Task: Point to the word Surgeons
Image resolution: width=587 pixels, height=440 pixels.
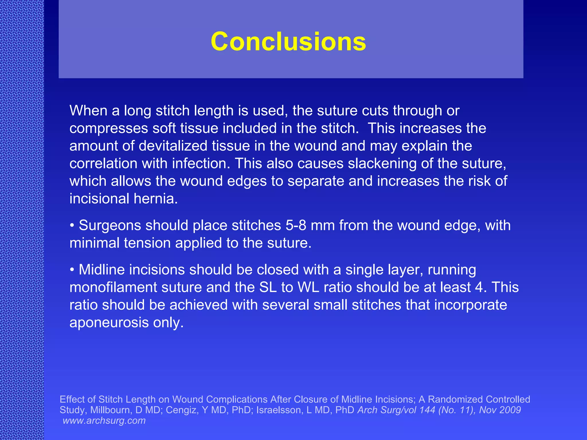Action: click(x=109, y=225)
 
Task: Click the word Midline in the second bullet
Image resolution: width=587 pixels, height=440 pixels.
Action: click(x=101, y=270)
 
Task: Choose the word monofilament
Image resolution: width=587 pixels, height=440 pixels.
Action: click(x=113, y=287)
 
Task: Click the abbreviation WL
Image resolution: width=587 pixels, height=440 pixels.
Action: click(x=308, y=287)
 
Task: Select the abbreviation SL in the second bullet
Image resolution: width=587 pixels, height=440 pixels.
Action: click(x=268, y=287)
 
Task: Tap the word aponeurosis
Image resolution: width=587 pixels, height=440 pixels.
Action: click(x=109, y=323)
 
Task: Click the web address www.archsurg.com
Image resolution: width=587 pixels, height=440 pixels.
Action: click(x=104, y=421)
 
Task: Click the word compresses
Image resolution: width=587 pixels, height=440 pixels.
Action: click(x=109, y=128)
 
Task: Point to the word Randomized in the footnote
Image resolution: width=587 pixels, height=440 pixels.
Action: click(x=455, y=399)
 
